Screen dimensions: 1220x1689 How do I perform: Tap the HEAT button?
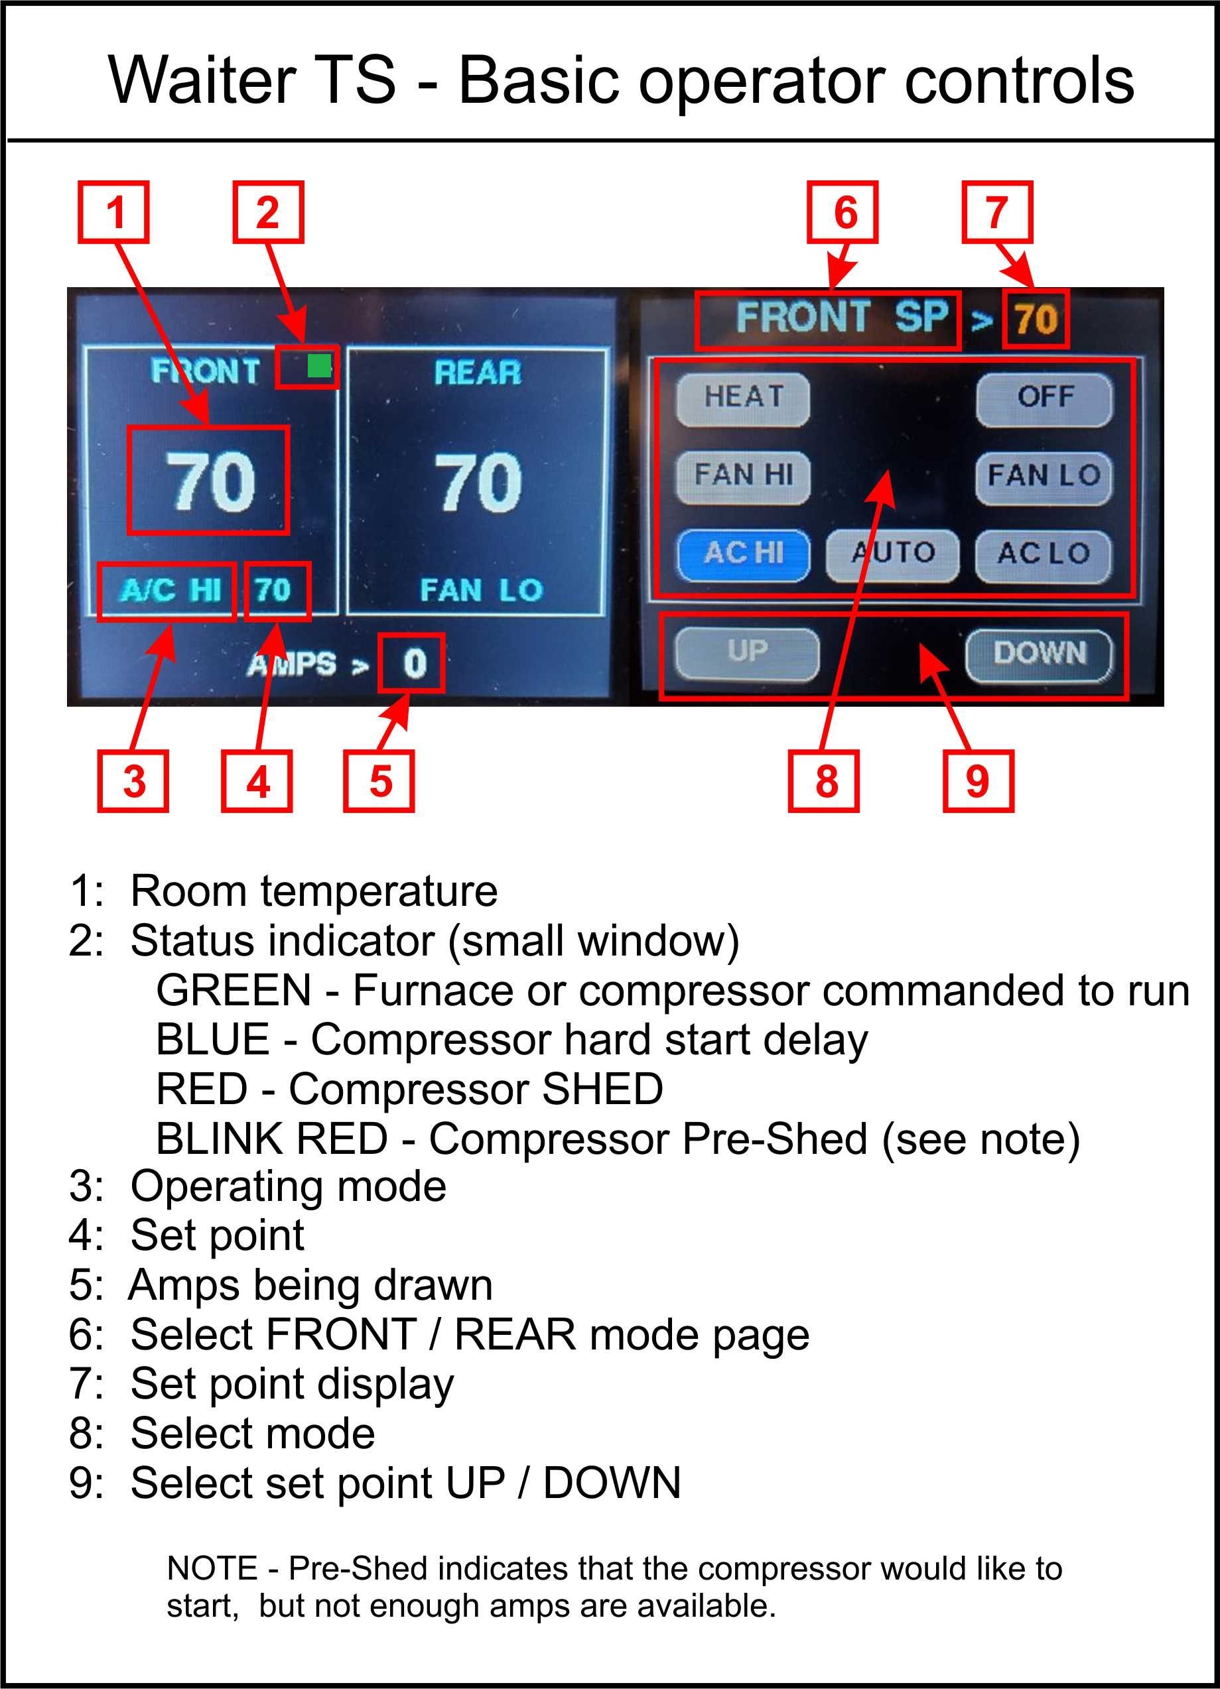tap(742, 399)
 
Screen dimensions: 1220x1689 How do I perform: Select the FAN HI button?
tap(742, 477)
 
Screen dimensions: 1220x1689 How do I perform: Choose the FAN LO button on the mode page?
tap(1044, 478)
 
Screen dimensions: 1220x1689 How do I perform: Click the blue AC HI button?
tap(743, 556)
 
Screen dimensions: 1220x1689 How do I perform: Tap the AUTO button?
tap(892, 556)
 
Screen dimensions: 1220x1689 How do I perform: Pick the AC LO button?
tap(1044, 556)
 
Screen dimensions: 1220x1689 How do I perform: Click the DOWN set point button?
tap(1039, 655)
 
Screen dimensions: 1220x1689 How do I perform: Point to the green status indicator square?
tap(320, 365)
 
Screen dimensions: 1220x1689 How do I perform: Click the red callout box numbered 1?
tap(113, 212)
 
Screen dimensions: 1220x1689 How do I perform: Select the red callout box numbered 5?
tap(379, 781)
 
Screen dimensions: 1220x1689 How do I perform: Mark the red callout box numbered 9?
tap(978, 781)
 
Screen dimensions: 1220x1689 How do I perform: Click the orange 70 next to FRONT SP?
tap(1036, 320)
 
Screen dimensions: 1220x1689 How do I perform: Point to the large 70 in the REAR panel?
tap(478, 482)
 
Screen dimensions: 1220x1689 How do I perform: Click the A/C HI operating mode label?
tap(170, 591)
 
